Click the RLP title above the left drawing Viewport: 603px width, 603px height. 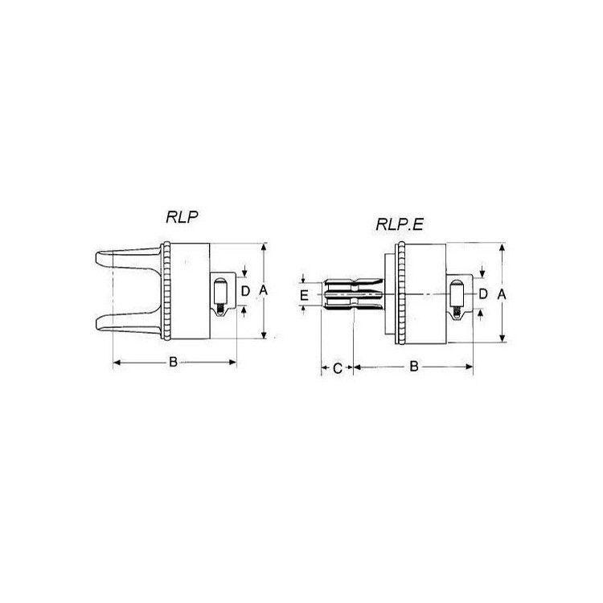(182, 217)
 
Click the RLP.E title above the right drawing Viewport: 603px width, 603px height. (400, 224)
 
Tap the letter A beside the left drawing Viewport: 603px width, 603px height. (263, 290)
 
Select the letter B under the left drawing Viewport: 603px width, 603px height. (173, 362)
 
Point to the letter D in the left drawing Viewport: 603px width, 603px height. (245, 291)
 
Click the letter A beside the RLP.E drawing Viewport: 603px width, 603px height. (502, 294)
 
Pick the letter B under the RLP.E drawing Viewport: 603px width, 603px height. (414, 366)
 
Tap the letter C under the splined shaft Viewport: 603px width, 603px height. (337, 368)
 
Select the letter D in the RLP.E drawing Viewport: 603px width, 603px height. (483, 294)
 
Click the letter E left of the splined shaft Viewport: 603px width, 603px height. (304, 295)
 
